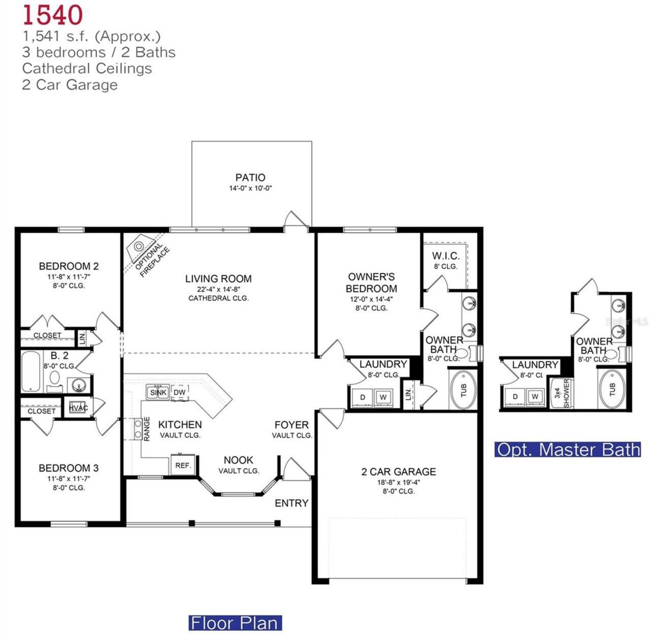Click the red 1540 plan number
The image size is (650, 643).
52,15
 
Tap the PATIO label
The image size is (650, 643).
250,177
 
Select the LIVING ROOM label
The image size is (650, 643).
218,278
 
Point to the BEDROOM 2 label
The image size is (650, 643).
69,266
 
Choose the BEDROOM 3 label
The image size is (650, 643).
69,468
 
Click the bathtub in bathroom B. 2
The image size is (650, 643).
31,371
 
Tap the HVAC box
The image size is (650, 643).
78,408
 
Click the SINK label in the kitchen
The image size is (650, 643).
158,392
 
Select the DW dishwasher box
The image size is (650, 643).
180,392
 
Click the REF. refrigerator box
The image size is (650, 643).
183,465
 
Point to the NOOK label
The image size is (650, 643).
238,460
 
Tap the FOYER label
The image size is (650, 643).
291,425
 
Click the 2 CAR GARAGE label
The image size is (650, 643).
399,471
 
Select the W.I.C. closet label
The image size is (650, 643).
445,256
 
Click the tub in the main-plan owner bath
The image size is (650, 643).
463,390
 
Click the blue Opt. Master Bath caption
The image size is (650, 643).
568,449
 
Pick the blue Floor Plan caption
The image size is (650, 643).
235,623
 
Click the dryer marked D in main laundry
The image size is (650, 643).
363,397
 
